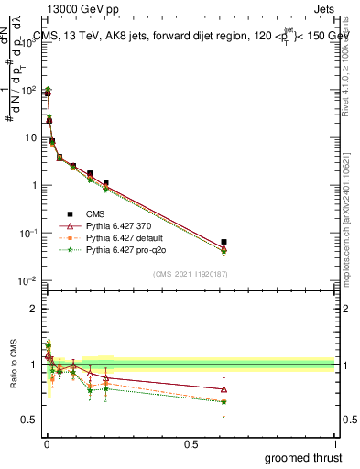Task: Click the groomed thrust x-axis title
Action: tap(303, 457)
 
